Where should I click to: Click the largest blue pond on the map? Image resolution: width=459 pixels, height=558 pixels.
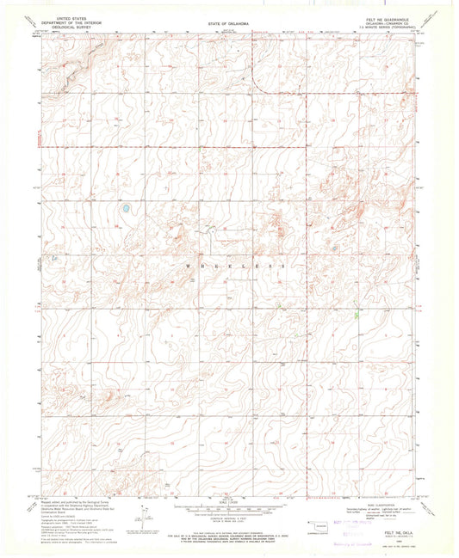126,208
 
